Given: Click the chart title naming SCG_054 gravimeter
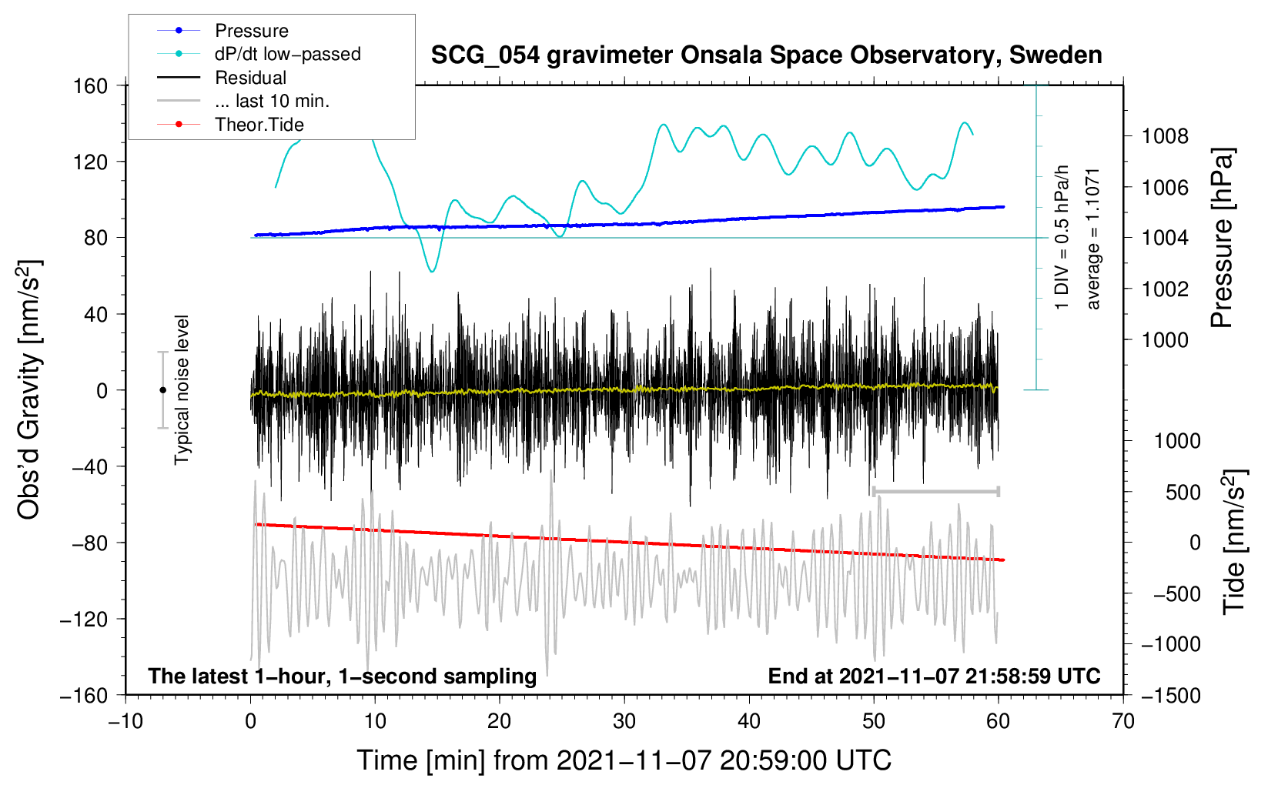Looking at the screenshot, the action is coord(766,55).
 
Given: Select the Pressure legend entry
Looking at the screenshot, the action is coord(222,30).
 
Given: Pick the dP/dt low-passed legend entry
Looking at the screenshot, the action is coord(259,54).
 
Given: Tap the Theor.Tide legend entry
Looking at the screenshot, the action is coord(230,125).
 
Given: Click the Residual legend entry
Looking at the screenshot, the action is coord(222,78).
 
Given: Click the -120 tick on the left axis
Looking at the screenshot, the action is coord(84,619).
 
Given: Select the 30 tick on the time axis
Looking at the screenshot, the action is coord(624,722).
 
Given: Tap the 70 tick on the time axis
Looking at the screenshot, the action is coord(1122,722).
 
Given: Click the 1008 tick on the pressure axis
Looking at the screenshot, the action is coord(1165,136).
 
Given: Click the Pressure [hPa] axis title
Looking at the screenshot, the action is coord(1222,238).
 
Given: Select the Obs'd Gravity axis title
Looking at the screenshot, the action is coord(28,389).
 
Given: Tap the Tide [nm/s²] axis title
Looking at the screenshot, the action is coord(1234,542).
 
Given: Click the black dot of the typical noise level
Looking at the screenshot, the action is coord(162,390).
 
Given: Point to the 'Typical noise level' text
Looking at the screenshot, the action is coord(181,390).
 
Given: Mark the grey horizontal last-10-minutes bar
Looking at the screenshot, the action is coord(935,491).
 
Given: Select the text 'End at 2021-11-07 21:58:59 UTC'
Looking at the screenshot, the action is coord(934,676).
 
